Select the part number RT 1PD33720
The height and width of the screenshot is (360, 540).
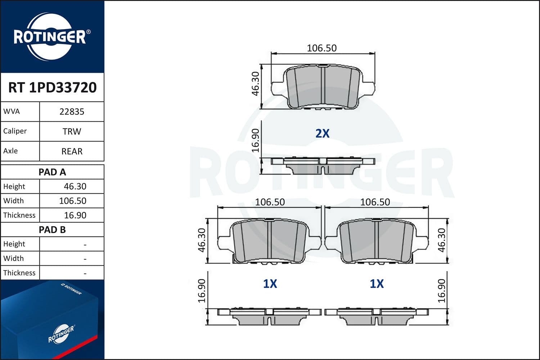[52, 87]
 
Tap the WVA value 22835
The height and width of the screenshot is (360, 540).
[72, 112]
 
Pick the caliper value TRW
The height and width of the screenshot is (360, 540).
[72, 131]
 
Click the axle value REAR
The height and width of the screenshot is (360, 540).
[72, 151]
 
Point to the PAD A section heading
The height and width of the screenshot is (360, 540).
[52, 172]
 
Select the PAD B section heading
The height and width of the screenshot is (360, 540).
[52, 230]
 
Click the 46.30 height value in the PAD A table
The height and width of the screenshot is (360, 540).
[75, 186]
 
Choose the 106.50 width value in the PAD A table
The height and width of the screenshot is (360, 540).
[73, 201]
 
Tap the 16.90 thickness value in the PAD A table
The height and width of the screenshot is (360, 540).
[75, 215]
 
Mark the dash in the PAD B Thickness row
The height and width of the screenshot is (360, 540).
[85, 274]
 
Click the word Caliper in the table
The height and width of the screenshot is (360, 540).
[15, 131]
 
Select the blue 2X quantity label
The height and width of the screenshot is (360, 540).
[322, 134]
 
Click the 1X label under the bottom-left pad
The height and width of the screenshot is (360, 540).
[270, 284]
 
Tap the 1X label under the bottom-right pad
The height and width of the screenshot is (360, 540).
[377, 284]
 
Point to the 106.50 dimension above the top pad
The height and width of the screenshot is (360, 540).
[321, 48]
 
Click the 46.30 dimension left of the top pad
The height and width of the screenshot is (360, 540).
[255, 84]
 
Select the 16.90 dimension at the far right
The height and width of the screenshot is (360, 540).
[442, 291]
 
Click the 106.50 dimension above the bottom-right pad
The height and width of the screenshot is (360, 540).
[375, 202]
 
